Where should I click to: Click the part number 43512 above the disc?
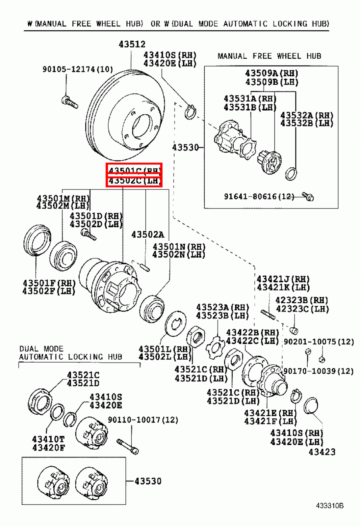point(132,44)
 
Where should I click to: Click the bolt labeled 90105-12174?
point(70,102)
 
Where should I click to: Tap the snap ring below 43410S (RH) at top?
point(190,112)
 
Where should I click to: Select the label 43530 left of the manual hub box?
point(186,147)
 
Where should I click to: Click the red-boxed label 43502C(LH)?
point(134,181)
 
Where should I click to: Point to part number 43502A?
point(147,235)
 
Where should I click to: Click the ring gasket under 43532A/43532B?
point(291,174)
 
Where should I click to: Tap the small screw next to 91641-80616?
point(308,197)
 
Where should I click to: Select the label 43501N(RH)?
point(179,247)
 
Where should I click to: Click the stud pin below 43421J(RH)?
point(268,315)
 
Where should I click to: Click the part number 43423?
point(322,452)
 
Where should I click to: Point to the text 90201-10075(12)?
point(319,342)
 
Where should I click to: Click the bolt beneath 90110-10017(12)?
point(128,446)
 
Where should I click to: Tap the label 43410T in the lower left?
point(48,439)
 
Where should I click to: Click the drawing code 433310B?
point(329,506)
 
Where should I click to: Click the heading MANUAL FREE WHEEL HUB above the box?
point(269,56)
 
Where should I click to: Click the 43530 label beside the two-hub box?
point(148,481)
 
